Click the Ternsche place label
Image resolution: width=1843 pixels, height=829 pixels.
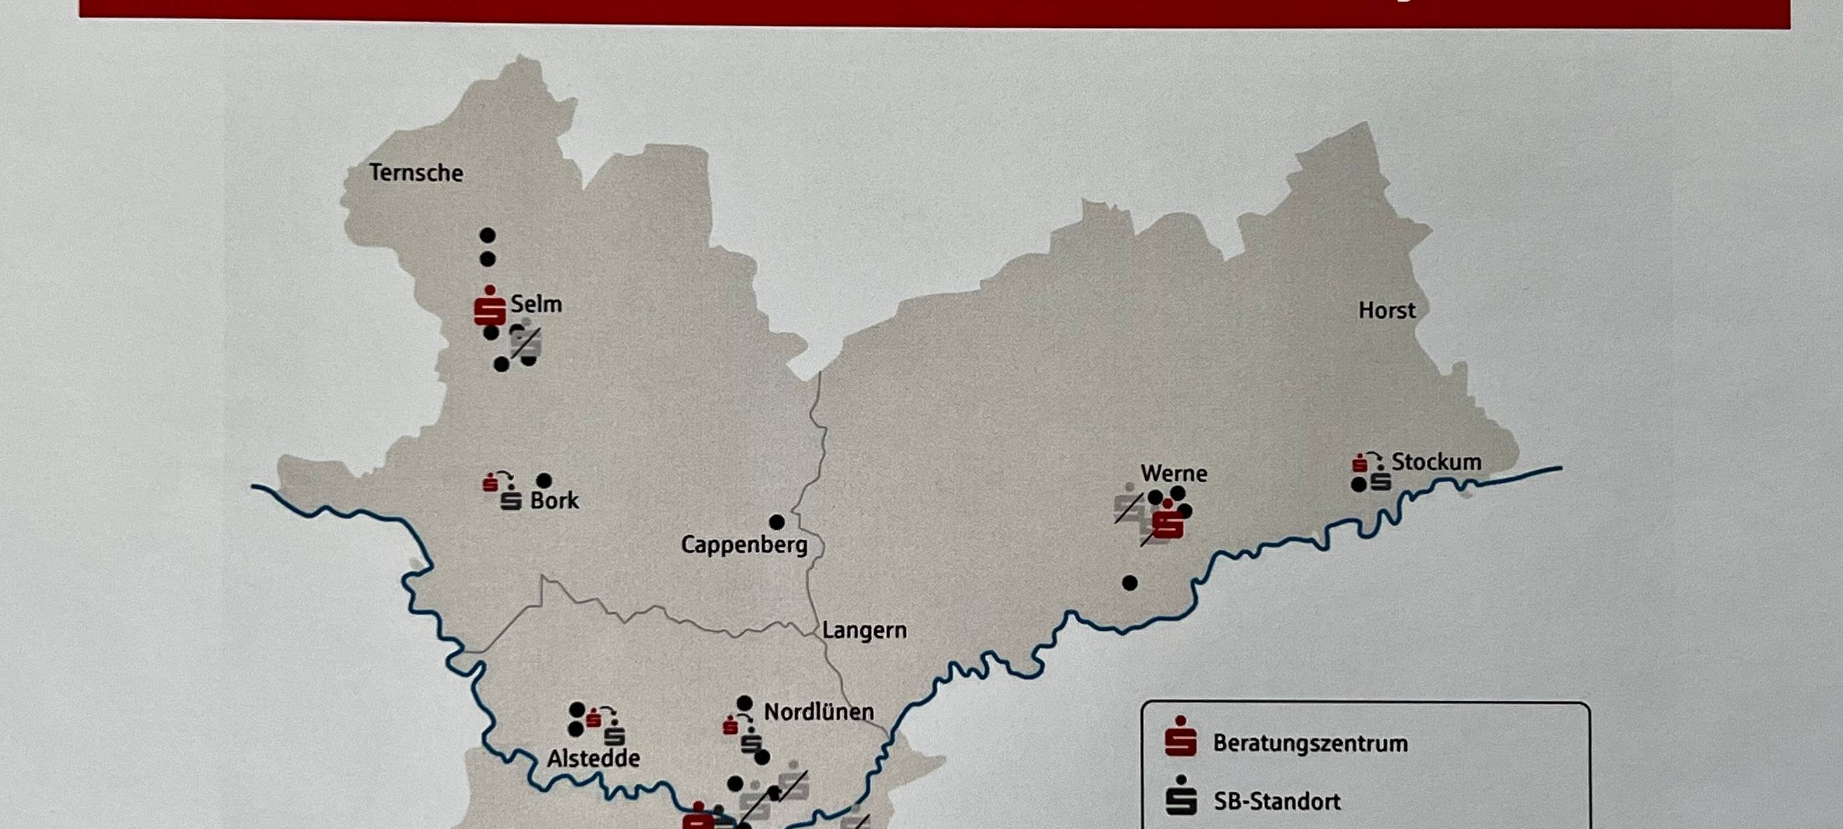[415, 172]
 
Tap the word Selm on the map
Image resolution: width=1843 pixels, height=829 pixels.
[536, 304]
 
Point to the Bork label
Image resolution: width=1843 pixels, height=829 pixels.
[554, 500]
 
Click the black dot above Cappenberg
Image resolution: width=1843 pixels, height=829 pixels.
[776, 521]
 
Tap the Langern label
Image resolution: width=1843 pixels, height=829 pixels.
[864, 630]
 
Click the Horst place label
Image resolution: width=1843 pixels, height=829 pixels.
[1387, 310]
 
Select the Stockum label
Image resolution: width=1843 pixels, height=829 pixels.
[1436, 462]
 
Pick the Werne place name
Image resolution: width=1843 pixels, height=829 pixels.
[1174, 473]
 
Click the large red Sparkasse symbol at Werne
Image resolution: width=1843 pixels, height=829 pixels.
[1168, 521]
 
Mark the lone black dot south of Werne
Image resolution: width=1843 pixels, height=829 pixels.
[1130, 583]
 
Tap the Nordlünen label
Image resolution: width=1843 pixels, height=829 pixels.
[818, 712]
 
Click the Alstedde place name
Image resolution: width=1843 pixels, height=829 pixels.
[593, 758]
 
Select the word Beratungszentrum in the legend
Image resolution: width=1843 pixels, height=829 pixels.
[1310, 743]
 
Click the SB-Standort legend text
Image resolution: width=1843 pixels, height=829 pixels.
[1277, 801]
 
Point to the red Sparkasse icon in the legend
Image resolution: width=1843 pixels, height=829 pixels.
[1181, 738]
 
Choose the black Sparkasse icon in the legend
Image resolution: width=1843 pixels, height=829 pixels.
[1181, 796]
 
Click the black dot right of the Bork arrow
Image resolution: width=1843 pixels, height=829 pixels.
[544, 480]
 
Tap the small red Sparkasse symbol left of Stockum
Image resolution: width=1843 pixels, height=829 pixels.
[1360, 464]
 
